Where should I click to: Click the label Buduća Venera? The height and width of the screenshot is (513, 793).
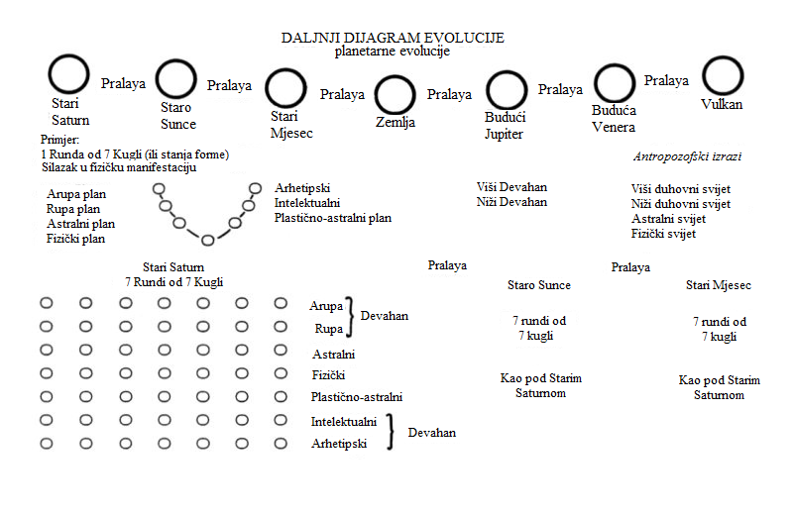pos(614,119)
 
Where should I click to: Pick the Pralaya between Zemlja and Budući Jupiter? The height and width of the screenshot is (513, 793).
pos(449,94)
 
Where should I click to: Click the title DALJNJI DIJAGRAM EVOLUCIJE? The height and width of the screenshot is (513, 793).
pos(393,38)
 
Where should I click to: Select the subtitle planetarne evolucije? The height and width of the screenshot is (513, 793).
pos(393,51)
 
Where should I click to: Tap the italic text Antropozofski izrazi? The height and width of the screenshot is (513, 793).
pos(687,156)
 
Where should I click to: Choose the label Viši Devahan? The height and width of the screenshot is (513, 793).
pos(511,187)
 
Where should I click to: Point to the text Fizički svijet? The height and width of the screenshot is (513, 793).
pos(663,234)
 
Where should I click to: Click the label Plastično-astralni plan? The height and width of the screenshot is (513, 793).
pos(333,218)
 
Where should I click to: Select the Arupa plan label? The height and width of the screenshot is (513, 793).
pos(76,194)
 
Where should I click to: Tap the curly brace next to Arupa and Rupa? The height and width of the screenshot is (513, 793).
pos(350,317)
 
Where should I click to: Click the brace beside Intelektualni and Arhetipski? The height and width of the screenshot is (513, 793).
pos(391,432)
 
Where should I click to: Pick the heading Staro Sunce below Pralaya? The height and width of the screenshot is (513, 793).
pos(539,285)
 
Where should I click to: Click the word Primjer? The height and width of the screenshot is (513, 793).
pos(59,140)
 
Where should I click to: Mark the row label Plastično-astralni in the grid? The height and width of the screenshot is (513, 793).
pos(357,397)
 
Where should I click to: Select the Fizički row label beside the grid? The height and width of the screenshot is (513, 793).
pos(328,375)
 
